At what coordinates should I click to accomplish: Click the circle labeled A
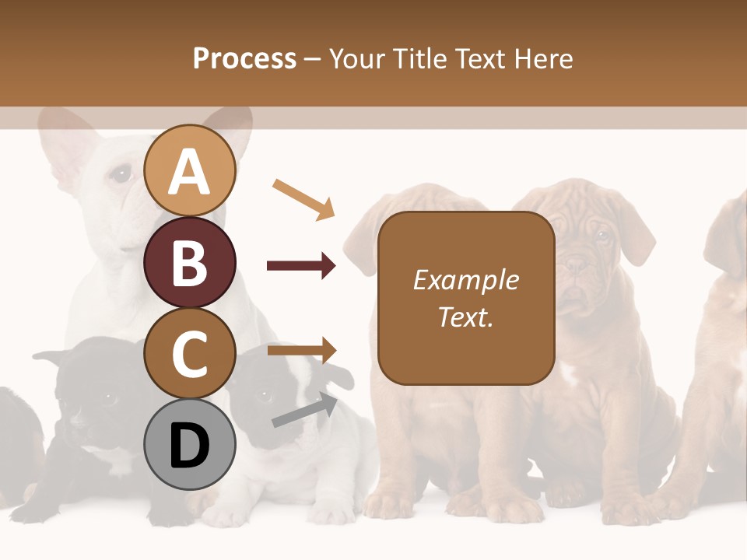[189, 171]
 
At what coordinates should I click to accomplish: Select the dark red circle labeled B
[189, 262]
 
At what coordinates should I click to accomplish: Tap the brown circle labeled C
[189, 354]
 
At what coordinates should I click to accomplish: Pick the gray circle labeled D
[189, 445]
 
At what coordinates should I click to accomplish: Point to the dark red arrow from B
[301, 266]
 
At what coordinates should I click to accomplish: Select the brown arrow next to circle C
[301, 351]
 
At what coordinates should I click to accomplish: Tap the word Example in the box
[465, 280]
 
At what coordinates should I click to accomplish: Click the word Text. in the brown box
[465, 317]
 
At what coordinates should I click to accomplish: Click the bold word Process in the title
[244, 58]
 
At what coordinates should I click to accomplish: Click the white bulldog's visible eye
[121, 173]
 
